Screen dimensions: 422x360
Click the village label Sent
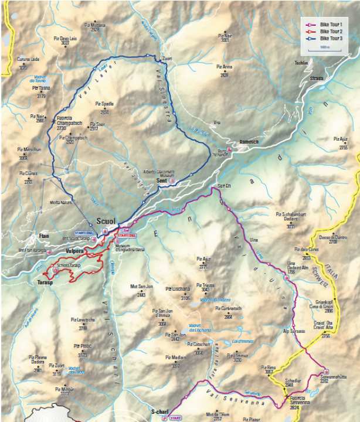pyautogui.click(x=162, y=182)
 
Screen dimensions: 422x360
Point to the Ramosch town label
pyautogui.click(x=249, y=142)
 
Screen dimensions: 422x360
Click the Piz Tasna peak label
pyautogui.click(x=41, y=89)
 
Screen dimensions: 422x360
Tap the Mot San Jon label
pyautogui.click(x=141, y=287)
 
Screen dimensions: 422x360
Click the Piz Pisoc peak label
pyautogui.click(x=83, y=346)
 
